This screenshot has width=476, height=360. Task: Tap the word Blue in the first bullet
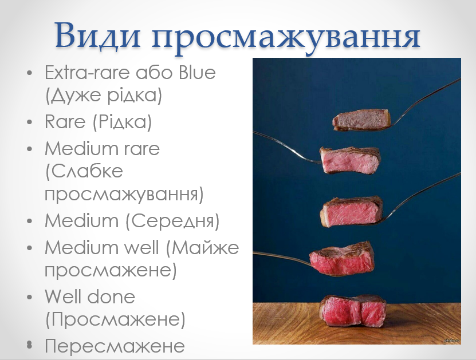[x=197, y=73]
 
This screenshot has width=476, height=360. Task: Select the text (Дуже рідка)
[x=104, y=95]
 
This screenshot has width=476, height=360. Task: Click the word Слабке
[x=84, y=172]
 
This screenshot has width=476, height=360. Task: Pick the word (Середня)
[x=172, y=221]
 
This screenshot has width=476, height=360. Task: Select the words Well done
[x=90, y=296]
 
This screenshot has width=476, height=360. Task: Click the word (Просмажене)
[x=115, y=319]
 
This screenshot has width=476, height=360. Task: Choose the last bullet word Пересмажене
[x=115, y=346]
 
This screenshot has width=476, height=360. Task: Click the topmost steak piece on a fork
[x=362, y=120]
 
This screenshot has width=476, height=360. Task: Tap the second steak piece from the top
[x=349, y=160]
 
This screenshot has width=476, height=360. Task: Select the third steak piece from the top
[x=351, y=211]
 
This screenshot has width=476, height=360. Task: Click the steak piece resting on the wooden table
[x=352, y=311]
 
